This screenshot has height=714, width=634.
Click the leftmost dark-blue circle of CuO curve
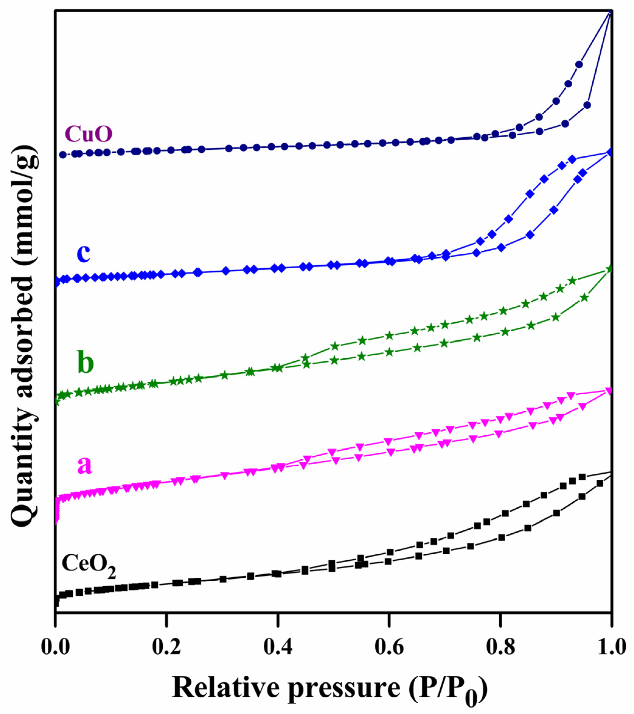tap(63, 155)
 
